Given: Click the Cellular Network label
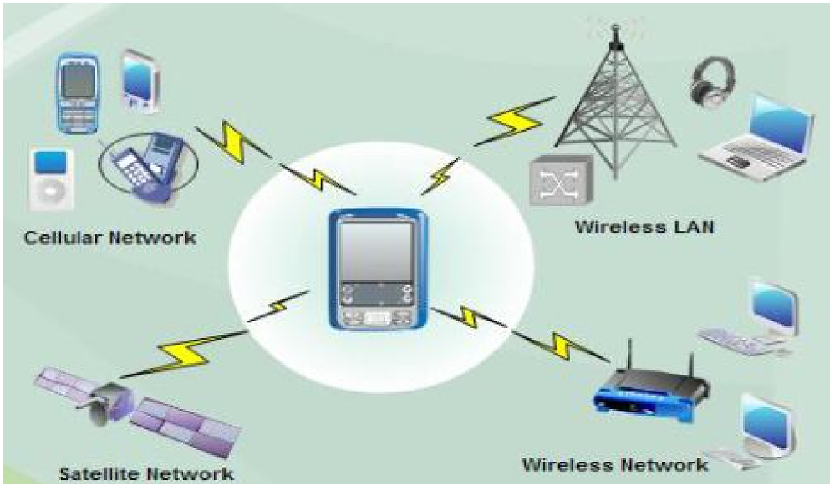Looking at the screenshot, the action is (x=110, y=238).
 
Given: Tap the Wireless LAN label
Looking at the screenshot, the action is (x=644, y=227).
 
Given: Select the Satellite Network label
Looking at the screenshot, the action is (x=146, y=473).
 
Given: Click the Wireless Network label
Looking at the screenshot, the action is (x=615, y=464).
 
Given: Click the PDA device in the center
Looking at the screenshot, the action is (x=378, y=269).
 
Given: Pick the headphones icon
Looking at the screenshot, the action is (x=713, y=82).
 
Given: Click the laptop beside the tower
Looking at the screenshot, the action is (x=757, y=139).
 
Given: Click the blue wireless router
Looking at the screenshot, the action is (x=650, y=395).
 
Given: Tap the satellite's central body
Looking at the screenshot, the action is (x=110, y=403).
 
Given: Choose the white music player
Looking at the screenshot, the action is (x=51, y=179).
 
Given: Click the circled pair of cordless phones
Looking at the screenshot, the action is (x=148, y=167).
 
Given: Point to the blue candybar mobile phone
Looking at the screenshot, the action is (x=78, y=93).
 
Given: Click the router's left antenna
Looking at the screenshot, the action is (x=630, y=356).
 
